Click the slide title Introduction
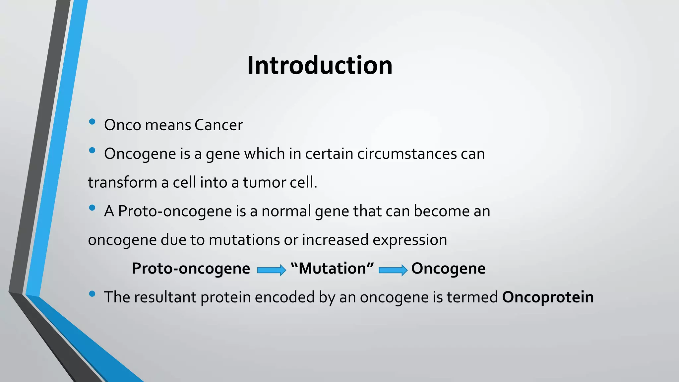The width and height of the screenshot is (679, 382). [320, 65]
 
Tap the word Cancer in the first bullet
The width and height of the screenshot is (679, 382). [218, 125]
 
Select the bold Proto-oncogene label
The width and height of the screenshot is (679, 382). [191, 269]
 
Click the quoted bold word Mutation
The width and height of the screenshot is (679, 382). [332, 269]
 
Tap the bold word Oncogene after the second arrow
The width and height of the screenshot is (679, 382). [448, 269]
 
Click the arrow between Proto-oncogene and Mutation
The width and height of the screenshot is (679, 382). [271, 270]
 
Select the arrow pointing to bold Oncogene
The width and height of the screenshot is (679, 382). [393, 270]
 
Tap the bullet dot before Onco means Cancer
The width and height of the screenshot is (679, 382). [92, 122]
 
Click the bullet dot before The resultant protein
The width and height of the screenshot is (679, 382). [92, 294]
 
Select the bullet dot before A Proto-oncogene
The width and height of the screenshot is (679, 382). [92, 208]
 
